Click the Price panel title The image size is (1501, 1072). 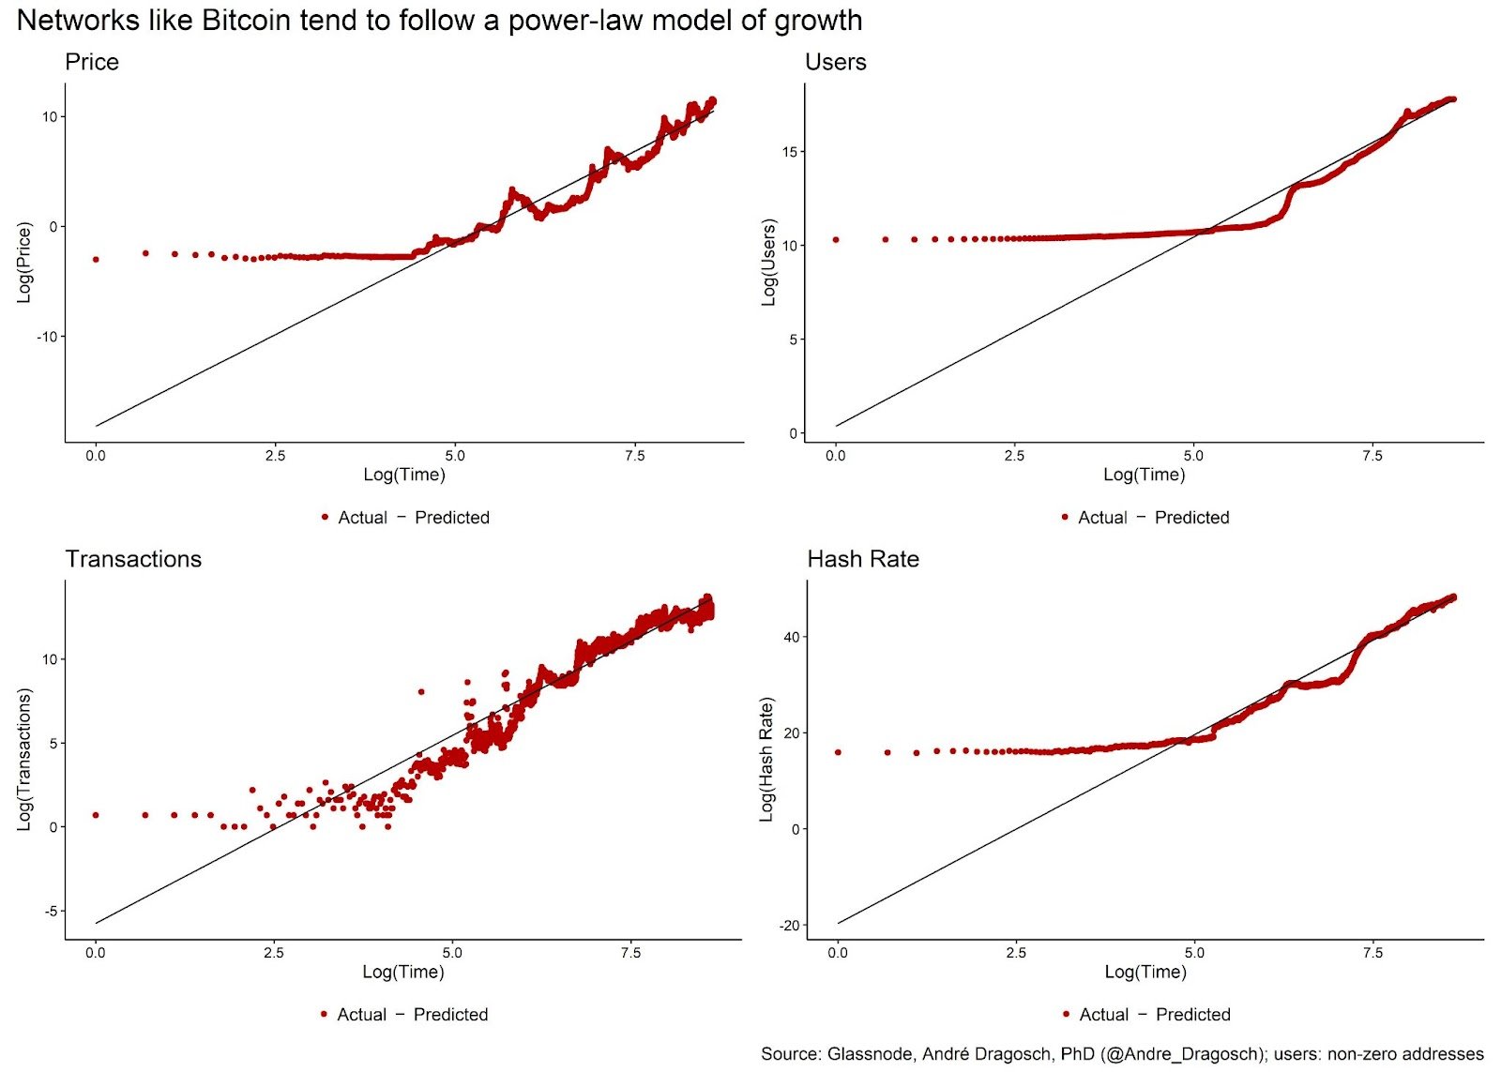pos(92,62)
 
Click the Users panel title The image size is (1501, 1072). pos(835,62)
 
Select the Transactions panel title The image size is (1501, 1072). pos(133,559)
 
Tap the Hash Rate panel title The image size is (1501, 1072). pos(863,559)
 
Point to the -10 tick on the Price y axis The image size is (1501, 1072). pos(46,337)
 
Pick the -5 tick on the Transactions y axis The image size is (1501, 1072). pos(49,911)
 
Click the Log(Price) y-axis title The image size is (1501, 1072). pos(25,262)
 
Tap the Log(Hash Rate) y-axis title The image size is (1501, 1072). pos(767,760)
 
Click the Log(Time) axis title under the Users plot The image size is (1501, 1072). pos(1144,475)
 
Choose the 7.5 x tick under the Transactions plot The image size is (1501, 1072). pos(630,953)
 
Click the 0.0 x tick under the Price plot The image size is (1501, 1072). pos(95,456)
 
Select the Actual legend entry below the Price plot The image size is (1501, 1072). pos(362,518)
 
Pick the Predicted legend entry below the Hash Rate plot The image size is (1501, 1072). pos(1192,1015)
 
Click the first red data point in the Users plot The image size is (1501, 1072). pos(836,240)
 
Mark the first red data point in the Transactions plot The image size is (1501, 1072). pos(95,815)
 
